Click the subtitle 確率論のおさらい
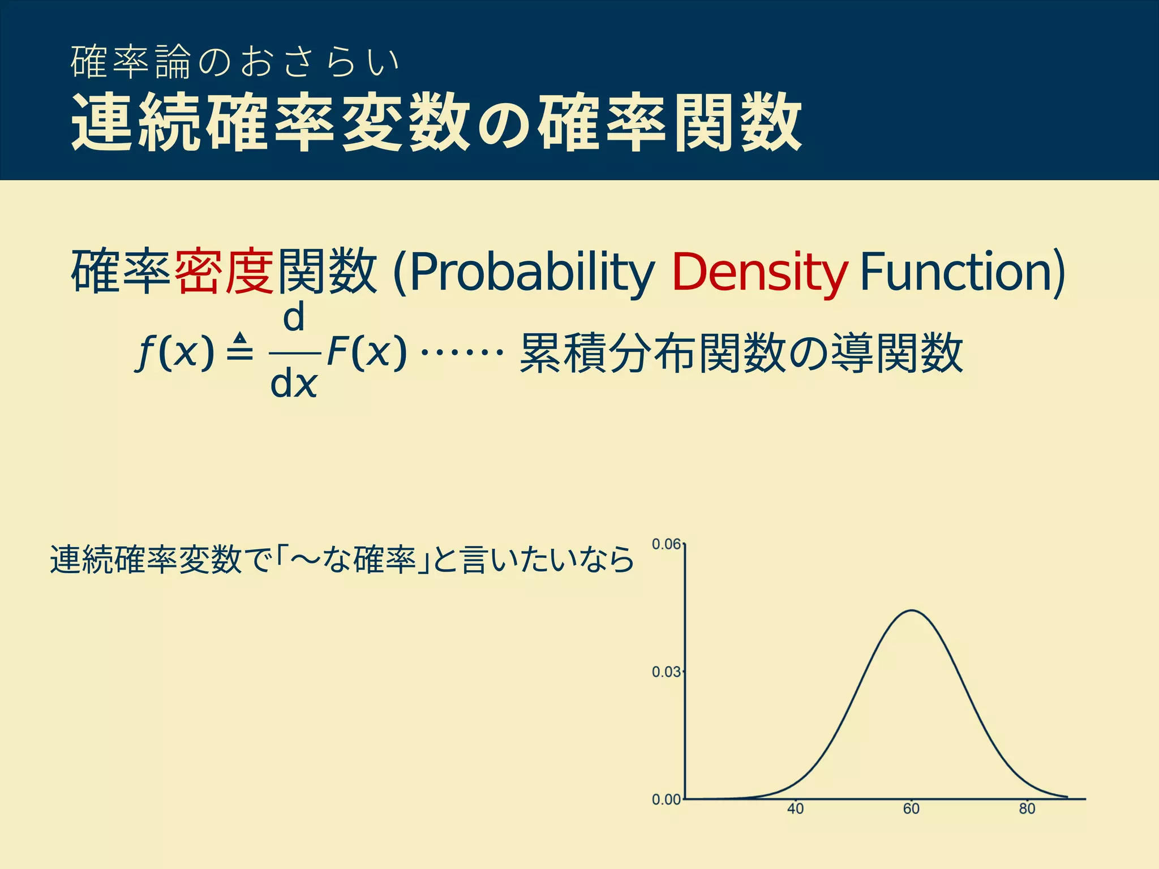[x=235, y=62]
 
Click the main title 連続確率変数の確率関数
[x=436, y=123]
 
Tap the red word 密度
[x=224, y=271]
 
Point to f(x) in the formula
[x=175, y=352]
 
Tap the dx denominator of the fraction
[x=293, y=385]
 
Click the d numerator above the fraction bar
[x=294, y=318]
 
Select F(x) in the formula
[x=367, y=352]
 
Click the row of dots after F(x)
[x=462, y=352]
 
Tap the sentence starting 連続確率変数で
[x=342, y=560]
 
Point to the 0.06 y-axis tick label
[x=666, y=544]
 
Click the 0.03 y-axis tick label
[x=666, y=672]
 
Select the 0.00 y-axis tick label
[x=666, y=799]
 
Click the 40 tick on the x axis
[x=795, y=809]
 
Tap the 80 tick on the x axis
[x=1027, y=809]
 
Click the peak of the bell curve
[x=912, y=610]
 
